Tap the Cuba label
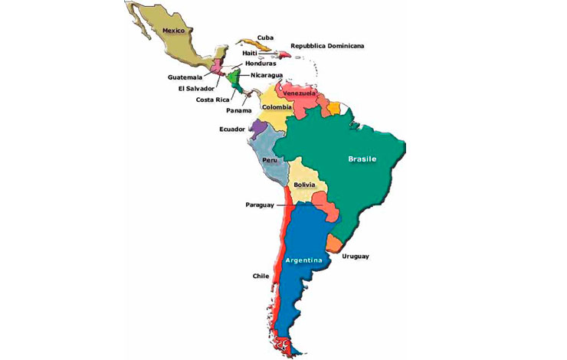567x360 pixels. (x=266, y=38)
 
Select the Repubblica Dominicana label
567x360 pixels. (x=326, y=46)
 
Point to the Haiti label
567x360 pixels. (x=250, y=53)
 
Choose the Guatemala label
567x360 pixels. (x=186, y=77)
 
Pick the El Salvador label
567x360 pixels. (x=196, y=88)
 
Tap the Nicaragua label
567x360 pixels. (x=267, y=75)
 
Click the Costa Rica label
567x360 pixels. (x=215, y=100)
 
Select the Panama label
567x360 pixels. (x=238, y=110)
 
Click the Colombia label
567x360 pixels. (x=277, y=107)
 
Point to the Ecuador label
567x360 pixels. (x=232, y=129)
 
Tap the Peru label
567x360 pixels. (x=270, y=161)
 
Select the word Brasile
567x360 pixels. (x=362, y=159)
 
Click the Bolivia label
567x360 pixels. (x=305, y=185)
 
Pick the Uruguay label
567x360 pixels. (x=356, y=256)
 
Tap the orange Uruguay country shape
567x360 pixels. (x=335, y=244)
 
